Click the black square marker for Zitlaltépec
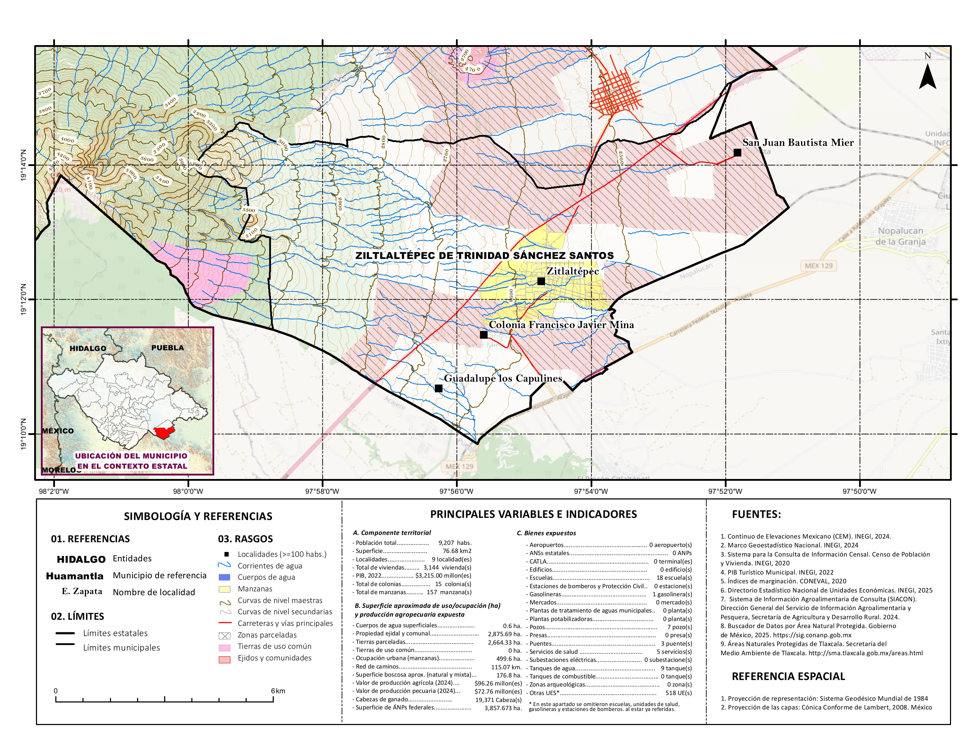tap(541, 281)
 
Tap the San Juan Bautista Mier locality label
tap(798, 142)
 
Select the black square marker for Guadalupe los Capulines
tap(438, 388)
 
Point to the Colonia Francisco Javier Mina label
tap(561, 324)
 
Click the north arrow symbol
tap(927, 76)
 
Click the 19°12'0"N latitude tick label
tap(23, 300)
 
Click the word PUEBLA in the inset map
tap(167, 348)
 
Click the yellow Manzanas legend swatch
tap(224, 589)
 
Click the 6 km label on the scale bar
tap(278, 691)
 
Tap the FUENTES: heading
tap(756, 514)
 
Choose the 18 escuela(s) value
tap(673, 578)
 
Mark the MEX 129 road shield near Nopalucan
tap(819, 266)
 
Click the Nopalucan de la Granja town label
tap(900, 236)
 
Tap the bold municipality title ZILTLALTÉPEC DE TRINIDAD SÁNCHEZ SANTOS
tap(484, 256)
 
